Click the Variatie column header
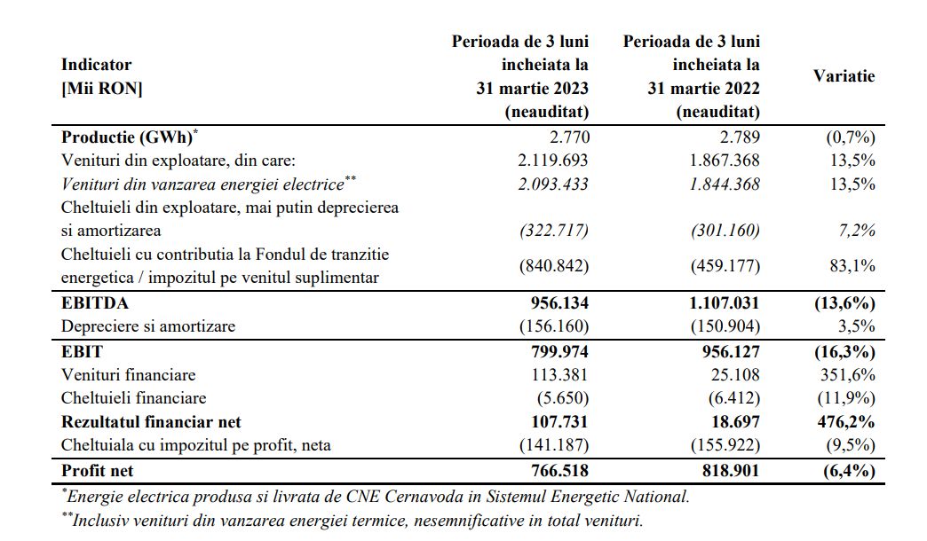coord(844,76)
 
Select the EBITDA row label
coord(95,303)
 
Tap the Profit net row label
coord(97,471)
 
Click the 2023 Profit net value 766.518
coord(559,471)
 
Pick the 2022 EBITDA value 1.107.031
coord(724,303)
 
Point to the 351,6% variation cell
coord(847,375)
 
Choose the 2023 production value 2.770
coord(569,137)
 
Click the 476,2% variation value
coord(846,421)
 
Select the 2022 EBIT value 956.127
coord(731,352)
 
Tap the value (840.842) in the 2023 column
coord(554,266)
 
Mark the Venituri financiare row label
coord(128,375)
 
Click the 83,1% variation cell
coord(852,266)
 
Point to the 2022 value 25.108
coord(735,375)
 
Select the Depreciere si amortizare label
coord(147,326)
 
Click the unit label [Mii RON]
coord(102,89)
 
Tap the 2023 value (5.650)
coord(563,398)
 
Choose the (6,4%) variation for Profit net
coord(848,471)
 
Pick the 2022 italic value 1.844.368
coord(725,184)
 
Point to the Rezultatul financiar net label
coord(151,421)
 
